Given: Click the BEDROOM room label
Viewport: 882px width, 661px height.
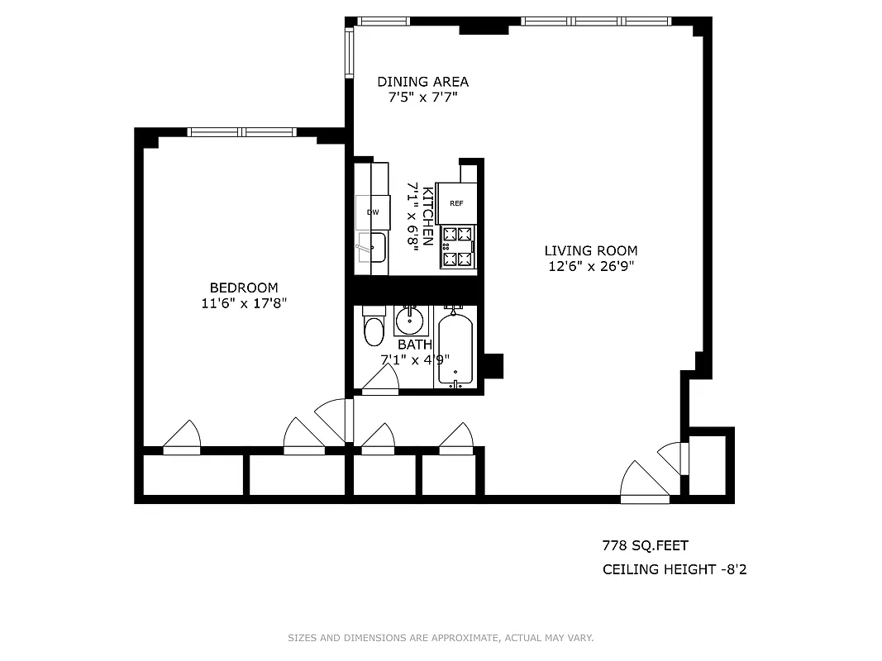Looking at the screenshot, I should click(x=243, y=288).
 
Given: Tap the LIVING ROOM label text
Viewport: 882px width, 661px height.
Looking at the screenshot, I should click(x=590, y=250).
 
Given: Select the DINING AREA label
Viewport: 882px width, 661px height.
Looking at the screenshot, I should click(x=422, y=81).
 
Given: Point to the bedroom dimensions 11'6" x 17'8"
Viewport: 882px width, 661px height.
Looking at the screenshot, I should click(x=243, y=303).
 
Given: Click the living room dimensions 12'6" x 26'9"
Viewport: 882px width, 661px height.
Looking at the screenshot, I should click(x=590, y=266).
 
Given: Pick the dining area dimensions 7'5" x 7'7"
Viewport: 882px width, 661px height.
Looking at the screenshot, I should click(x=422, y=97).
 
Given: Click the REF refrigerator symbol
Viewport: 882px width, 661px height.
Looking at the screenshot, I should click(x=456, y=203).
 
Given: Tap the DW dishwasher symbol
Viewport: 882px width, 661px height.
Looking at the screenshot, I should click(x=373, y=212).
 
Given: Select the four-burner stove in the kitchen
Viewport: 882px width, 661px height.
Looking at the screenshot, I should click(x=458, y=246).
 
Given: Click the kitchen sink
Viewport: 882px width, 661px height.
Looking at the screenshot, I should click(x=373, y=246).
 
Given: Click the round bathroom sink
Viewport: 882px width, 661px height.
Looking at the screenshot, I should click(x=409, y=319).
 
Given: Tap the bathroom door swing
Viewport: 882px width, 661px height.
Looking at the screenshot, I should click(x=381, y=381).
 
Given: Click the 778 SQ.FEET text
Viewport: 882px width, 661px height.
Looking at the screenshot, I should click(x=645, y=545).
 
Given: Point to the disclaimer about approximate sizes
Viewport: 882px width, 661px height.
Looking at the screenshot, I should click(x=441, y=638).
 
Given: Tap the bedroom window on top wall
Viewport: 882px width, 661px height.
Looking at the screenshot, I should click(x=241, y=131).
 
